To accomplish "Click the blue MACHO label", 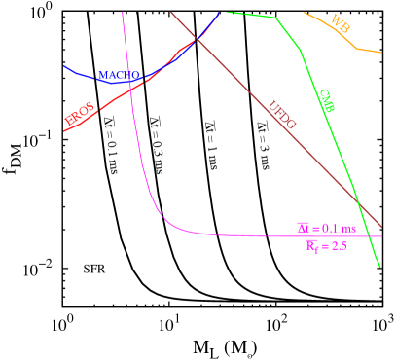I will pyautogui.click(x=120, y=75).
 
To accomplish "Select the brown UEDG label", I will pyautogui.click(x=282, y=115).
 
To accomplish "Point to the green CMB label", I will pyautogui.click(x=327, y=100).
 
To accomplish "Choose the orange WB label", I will pyautogui.click(x=341, y=21).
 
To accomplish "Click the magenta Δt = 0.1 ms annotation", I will pyautogui.click(x=327, y=228).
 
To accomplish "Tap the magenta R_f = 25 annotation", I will pyautogui.click(x=327, y=246).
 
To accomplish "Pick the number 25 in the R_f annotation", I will pyautogui.click(x=340, y=246).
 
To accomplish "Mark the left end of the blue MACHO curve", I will pyautogui.click(x=64, y=66).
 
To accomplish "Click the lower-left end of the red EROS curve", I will pyautogui.click(x=64, y=130).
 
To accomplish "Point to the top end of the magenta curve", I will pyautogui.click(x=123, y=12).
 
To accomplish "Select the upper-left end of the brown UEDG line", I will pyautogui.click(x=171, y=12).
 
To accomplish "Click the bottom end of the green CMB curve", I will pyautogui.click(x=379, y=265).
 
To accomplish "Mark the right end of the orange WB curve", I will pyautogui.click(x=381, y=51).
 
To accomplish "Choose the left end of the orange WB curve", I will pyautogui.click(x=305, y=13).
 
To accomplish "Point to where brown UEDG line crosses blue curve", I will pyautogui.click(x=198, y=39).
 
